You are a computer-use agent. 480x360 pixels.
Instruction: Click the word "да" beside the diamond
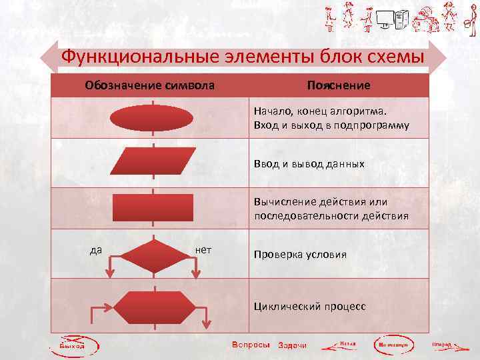(96, 250)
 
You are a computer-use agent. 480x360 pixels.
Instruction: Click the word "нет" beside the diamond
(204, 250)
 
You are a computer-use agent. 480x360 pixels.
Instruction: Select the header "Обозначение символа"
(149, 85)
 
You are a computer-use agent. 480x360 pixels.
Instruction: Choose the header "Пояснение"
(339, 85)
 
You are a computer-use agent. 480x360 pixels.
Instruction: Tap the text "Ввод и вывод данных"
(309, 163)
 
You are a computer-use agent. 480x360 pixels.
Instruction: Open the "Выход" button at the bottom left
(72, 345)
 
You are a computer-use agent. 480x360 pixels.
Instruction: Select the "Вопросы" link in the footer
(251, 345)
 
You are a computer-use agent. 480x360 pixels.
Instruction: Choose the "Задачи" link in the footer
(292, 345)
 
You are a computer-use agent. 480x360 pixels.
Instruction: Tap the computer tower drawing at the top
(401, 22)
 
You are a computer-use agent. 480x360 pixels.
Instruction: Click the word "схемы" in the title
(393, 56)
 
